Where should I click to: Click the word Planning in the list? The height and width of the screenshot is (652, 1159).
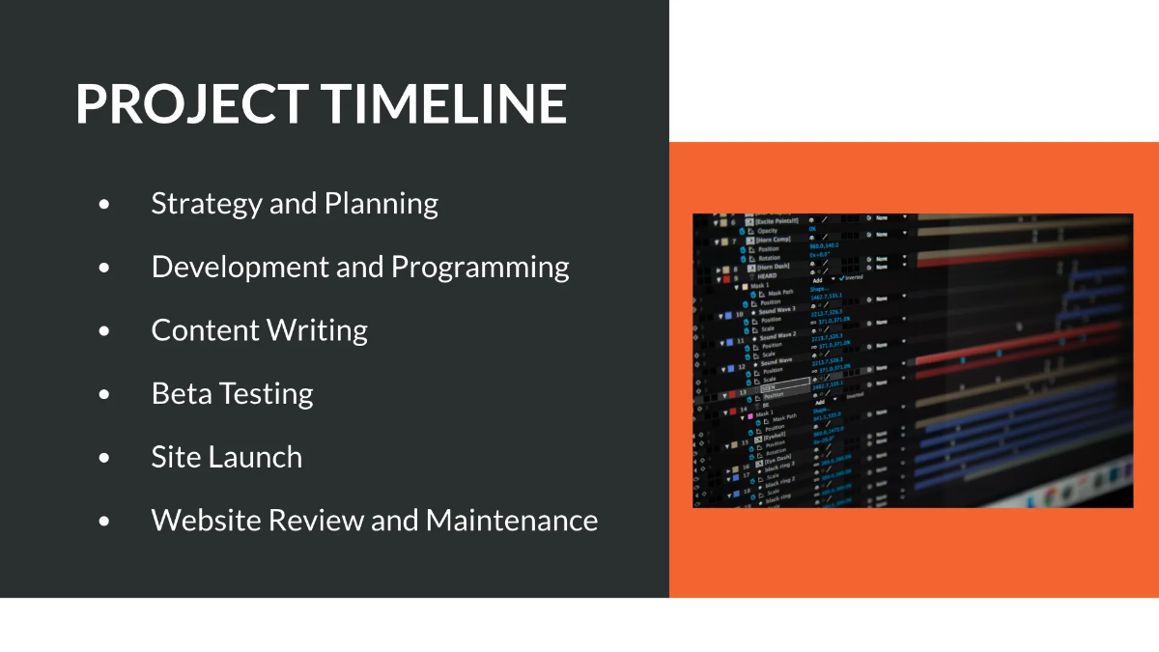click(x=381, y=204)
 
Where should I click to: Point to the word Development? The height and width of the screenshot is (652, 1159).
click(x=240, y=268)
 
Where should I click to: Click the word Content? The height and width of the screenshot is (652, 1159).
click(x=203, y=330)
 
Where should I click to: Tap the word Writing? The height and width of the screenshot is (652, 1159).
click(x=317, y=330)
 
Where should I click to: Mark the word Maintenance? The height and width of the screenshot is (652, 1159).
click(x=512, y=521)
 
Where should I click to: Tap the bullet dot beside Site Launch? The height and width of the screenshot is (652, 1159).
click(x=104, y=458)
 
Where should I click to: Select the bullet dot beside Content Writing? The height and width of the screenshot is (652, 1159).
click(x=104, y=331)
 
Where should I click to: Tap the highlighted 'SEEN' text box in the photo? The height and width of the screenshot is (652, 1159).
click(x=784, y=386)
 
